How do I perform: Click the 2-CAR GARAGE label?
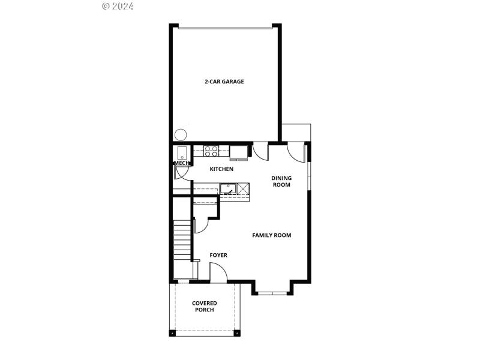pos(224,82)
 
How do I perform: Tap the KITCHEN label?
pos(221,169)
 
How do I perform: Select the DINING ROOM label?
pos(281,181)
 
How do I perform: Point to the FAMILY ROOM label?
pos(271,235)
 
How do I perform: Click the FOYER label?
pos(218,255)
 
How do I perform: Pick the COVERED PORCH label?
pos(205,307)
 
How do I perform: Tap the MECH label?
pos(181,163)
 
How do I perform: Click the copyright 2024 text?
pos(118,6)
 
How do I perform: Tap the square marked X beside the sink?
pos(243,190)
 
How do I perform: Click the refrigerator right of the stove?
pos(241,151)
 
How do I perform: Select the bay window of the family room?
pos(272,293)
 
